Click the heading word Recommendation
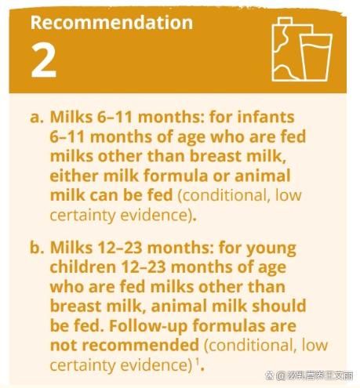[111, 23]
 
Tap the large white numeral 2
[43, 60]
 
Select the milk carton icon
[288, 49]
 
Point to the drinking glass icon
[315, 57]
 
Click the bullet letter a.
[36, 118]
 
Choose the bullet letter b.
[36, 247]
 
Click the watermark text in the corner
[309, 375]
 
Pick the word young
[271, 248]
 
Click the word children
[83, 267]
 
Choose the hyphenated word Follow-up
[148, 326]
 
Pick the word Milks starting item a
[71, 117]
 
